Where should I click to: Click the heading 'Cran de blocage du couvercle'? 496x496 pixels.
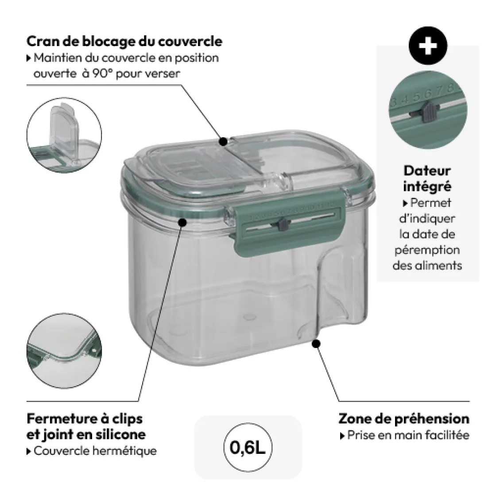tap(124, 42)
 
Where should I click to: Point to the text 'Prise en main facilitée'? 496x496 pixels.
tap(407, 435)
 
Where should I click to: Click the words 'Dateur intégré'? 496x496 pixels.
tap(427, 178)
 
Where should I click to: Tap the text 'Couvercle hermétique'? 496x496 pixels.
tap(95, 451)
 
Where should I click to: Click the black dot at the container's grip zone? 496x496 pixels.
tap(316, 343)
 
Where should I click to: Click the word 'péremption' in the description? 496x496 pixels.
tap(427, 250)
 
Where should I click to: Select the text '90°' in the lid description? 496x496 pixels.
tap(105, 74)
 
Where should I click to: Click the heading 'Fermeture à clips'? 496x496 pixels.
tap(85, 418)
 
